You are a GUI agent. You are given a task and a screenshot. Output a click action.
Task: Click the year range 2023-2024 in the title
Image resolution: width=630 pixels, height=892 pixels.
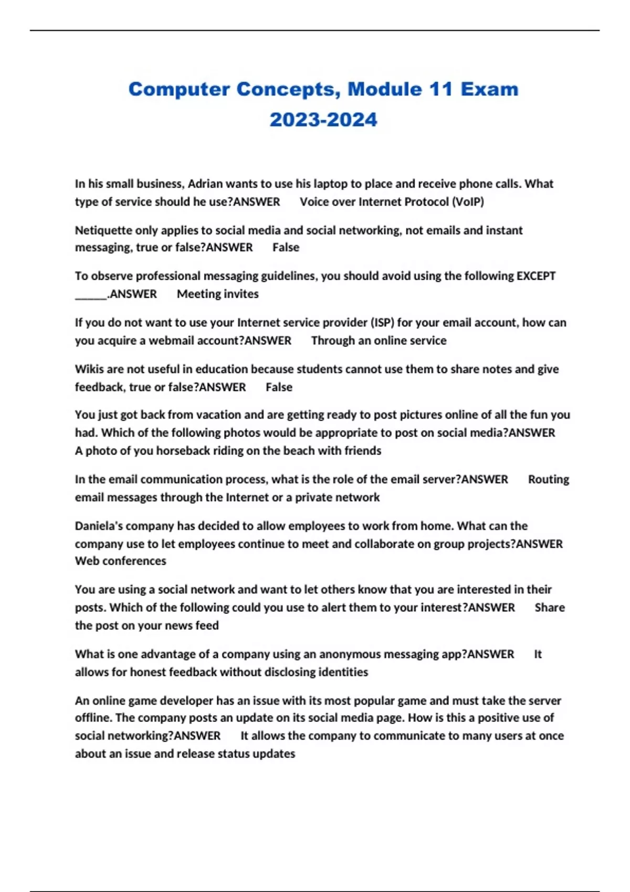click(323, 120)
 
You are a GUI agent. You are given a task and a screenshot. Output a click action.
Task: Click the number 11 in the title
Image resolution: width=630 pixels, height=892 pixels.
click(440, 89)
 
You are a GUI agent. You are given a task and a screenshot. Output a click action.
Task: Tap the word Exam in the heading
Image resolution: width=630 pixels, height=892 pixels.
click(489, 89)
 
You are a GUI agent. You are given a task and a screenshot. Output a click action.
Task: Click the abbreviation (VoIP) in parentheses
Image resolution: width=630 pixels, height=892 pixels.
click(467, 201)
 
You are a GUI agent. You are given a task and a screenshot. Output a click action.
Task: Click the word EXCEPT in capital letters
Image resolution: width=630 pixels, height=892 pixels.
click(536, 276)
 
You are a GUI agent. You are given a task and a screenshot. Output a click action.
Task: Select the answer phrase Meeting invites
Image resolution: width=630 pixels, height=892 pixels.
click(217, 294)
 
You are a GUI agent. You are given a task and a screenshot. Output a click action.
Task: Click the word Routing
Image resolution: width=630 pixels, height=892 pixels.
click(548, 479)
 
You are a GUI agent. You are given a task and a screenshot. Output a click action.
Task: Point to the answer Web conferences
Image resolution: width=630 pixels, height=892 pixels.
click(120, 561)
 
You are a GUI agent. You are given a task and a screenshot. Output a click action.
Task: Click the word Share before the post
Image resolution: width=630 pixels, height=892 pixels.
click(550, 607)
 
